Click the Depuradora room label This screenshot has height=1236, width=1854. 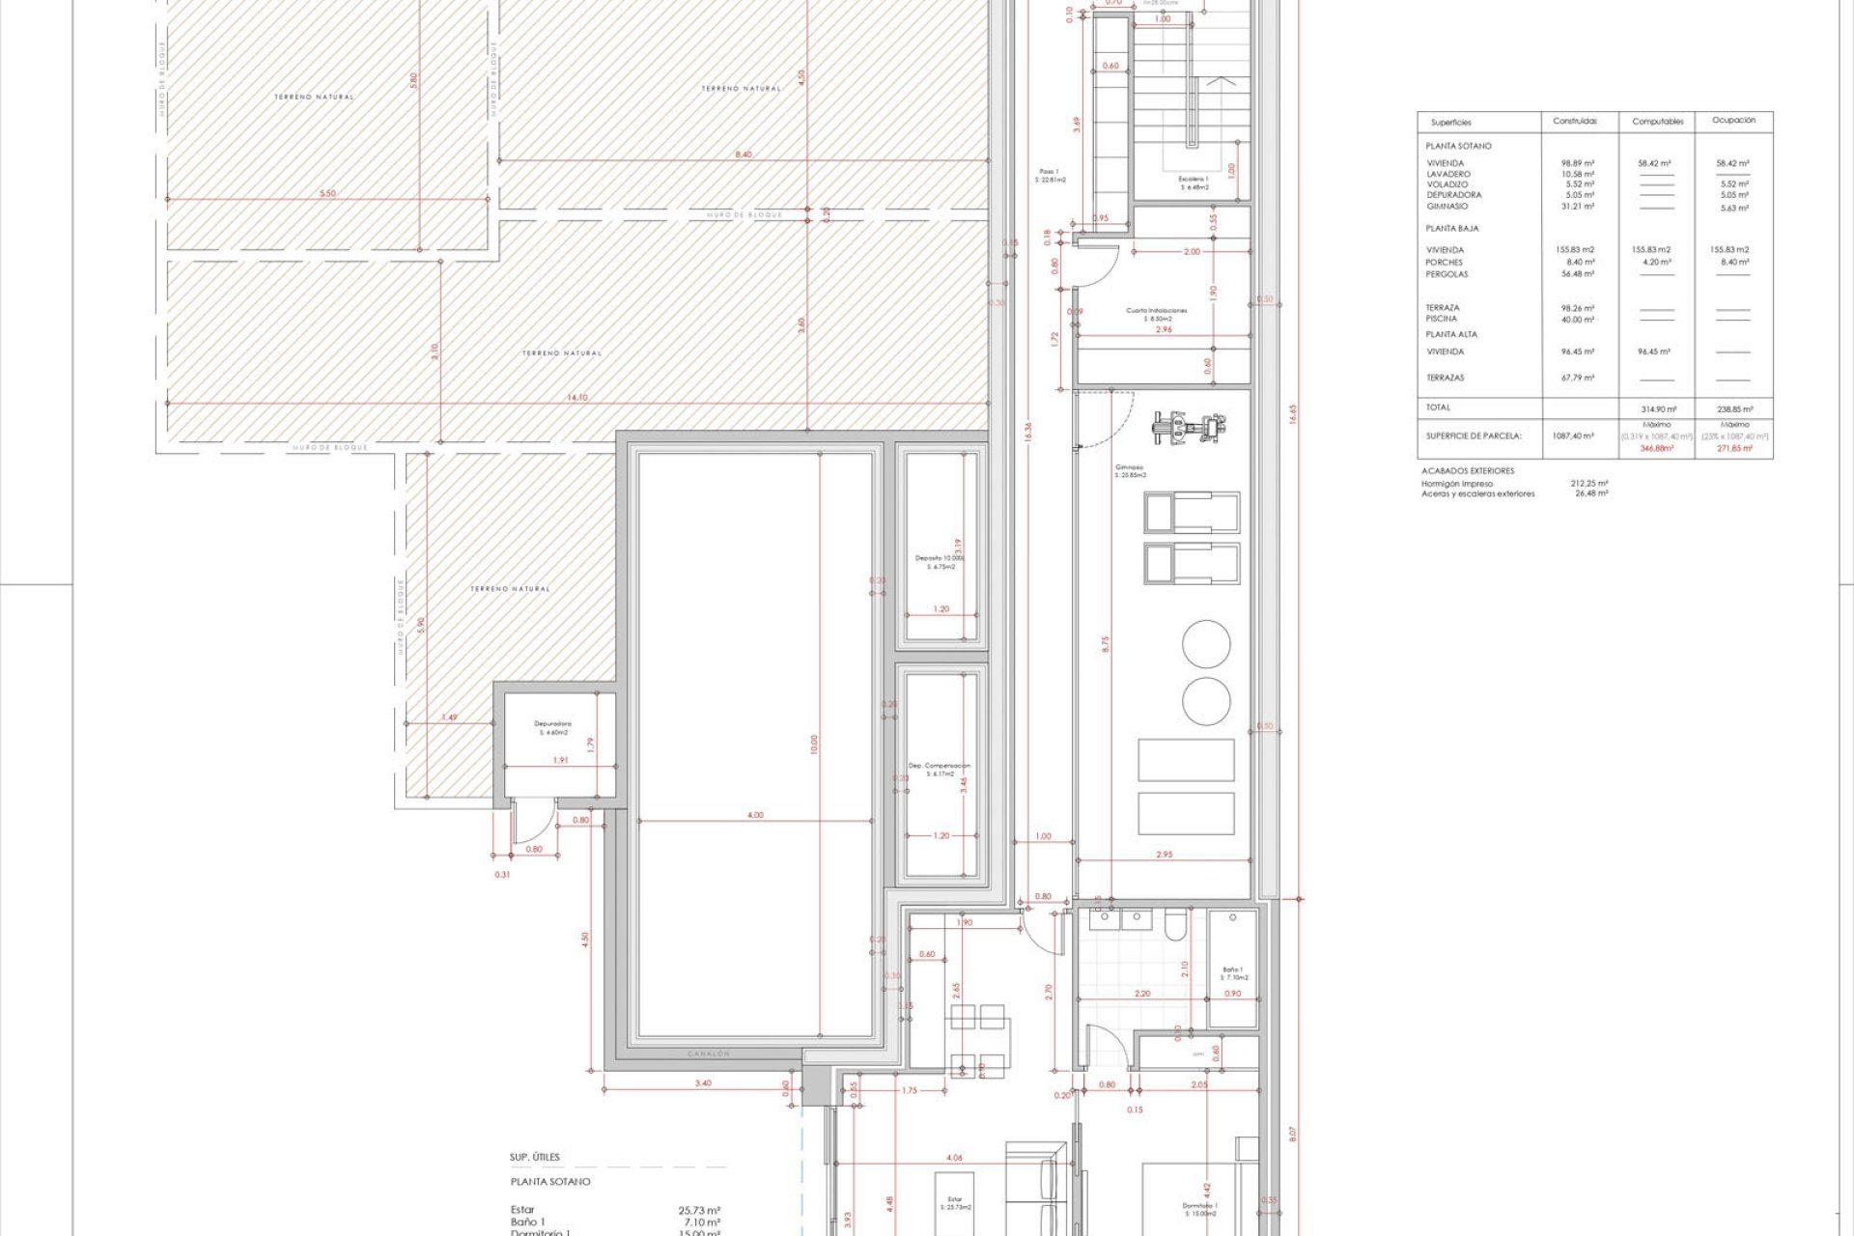point(552,727)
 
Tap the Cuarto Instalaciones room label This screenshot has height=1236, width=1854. point(1156,314)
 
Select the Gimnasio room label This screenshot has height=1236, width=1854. point(1130,470)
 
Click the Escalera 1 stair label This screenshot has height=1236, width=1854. point(1193,183)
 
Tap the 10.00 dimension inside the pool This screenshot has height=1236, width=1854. point(813,744)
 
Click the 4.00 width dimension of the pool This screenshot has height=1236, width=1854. point(755,815)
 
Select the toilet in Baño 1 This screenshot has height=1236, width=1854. point(1174,925)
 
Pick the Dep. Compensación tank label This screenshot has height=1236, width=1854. point(939,769)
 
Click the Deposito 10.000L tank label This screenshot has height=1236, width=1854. point(940,562)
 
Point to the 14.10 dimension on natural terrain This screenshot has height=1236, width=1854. point(576,397)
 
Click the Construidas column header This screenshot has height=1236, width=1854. point(1575,122)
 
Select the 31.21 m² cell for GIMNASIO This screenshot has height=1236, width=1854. point(1578,207)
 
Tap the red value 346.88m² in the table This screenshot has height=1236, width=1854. point(1656,449)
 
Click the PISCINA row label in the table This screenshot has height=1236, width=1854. point(1441,319)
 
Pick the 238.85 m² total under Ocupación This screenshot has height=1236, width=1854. point(1734,409)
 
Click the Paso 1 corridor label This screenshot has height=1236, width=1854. point(1049,175)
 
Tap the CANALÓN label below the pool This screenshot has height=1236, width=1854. point(708,1053)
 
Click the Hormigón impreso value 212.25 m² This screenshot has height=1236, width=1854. point(1588,483)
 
